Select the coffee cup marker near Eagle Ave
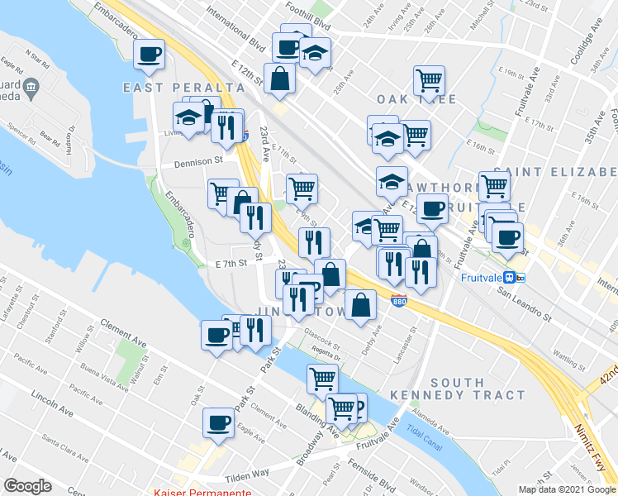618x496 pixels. [220, 422]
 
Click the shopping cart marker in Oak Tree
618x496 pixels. [429, 81]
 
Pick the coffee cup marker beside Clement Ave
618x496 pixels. [217, 335]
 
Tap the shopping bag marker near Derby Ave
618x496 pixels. [361, 305]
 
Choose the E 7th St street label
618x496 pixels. [231, 265]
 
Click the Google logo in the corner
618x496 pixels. [26, 485]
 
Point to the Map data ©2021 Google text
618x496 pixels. [566, 489]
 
